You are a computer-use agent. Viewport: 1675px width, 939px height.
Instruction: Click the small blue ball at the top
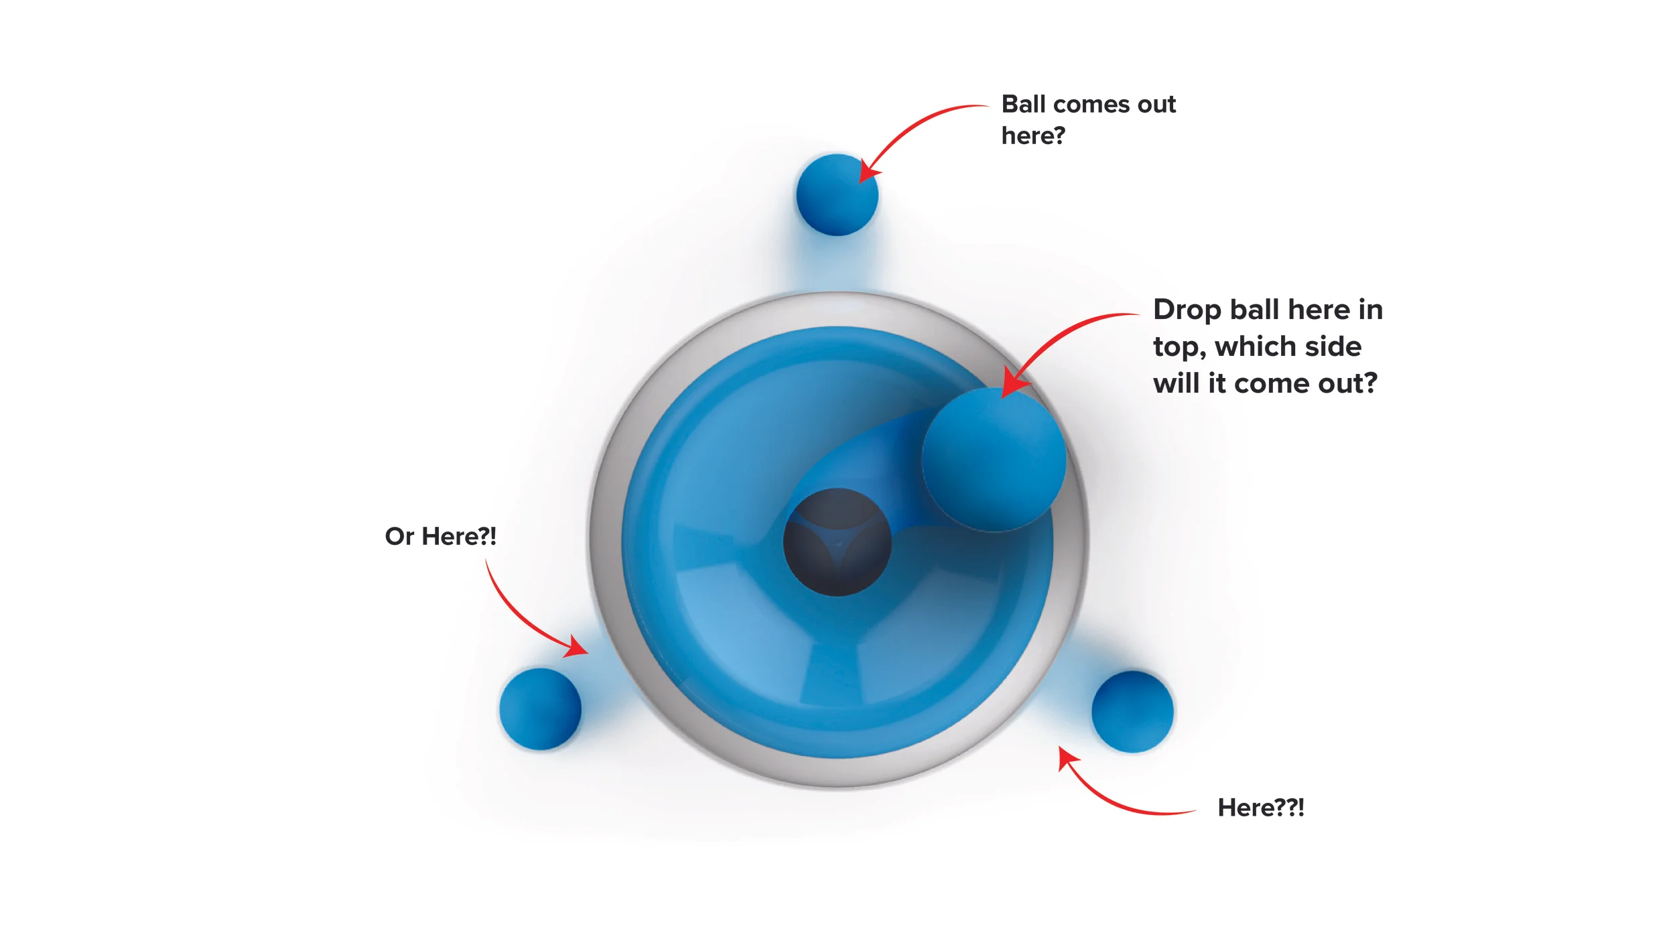click(x=837, y=195)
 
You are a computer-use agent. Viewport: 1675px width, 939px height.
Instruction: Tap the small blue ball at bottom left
click(x=540, y=709)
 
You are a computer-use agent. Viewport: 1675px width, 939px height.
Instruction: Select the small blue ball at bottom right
click(x=1132, y=712)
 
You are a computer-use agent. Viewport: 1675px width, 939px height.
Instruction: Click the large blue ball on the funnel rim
click(x=994, y=460)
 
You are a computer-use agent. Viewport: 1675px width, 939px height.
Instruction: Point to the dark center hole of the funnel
click(x=837, y=542)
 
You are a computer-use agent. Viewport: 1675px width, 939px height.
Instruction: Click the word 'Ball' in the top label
click(x=1023, y=105)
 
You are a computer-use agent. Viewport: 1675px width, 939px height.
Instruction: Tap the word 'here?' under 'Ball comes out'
click(x=1032, y=136)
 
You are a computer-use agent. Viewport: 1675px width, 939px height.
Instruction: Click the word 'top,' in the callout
click(x=1179, y=347)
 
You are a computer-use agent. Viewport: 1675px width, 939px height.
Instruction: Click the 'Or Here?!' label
click(x=440, y=536)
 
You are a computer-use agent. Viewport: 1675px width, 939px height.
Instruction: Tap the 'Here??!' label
click(x=1260, y=808)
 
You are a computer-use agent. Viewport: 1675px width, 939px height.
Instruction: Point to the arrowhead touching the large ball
click(x=1012, y=383)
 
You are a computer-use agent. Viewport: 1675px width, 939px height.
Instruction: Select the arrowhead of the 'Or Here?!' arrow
click(x=576, y=647)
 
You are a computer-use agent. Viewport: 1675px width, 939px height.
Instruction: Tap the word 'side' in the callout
click(x=1334, y=347)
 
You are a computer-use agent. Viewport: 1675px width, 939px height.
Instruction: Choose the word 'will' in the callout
click(x=1176, y=383)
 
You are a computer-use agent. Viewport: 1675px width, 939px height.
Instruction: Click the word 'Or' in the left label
click(x=399, y=536)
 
